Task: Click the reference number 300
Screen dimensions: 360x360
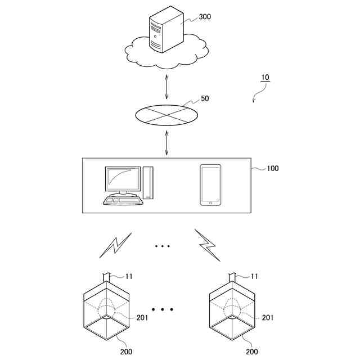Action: pos(205,17)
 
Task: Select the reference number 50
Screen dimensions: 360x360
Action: pos(205,98)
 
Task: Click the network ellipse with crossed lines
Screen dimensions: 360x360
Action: pos(167,115)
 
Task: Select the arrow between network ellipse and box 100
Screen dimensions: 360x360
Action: pos(167,143)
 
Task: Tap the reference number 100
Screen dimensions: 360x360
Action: pos(272,168)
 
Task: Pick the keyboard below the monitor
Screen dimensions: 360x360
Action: pos(123,200)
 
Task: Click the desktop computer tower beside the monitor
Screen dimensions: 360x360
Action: pos(148,182)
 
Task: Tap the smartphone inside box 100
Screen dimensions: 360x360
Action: pos(210,185)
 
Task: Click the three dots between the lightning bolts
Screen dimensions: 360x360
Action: pos(162,246)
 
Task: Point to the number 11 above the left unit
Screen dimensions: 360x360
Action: pos(128,276)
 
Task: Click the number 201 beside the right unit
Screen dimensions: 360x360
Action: pos(268,318)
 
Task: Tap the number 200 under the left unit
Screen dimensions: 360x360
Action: pos(127,352)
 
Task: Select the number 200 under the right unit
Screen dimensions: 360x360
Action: pos(251,352)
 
